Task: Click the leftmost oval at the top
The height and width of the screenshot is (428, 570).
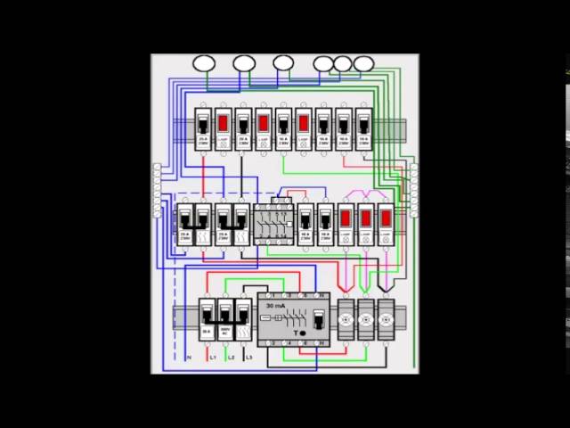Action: (x=204, y=63)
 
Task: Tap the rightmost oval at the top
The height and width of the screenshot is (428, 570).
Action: (x=363, y=63)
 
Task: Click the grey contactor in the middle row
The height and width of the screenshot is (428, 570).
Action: (x=272, y=224)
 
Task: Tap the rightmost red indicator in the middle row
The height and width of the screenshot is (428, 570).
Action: (x=385, y=217)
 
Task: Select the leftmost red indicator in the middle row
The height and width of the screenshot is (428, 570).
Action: (x=346, y=217)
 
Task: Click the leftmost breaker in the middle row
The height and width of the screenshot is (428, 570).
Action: (x=184, y=224)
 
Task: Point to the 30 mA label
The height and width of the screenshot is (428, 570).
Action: (x=275, y=305)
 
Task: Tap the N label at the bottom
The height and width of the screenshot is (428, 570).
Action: (x=190, y=357)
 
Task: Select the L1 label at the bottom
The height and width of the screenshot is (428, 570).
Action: (x=212, y=357)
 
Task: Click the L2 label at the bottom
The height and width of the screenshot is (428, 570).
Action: (x=231, y=357)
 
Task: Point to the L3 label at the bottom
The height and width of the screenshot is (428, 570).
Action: (x=248, y=357)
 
